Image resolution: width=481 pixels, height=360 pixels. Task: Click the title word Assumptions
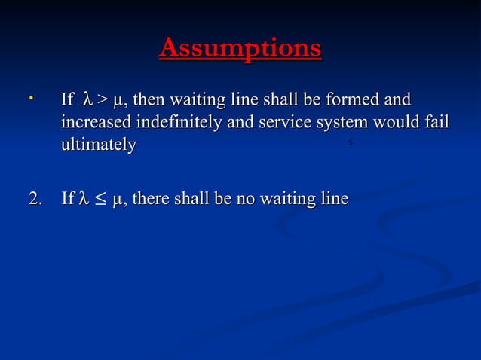point(240,49)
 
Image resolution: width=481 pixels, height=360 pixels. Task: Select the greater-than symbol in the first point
point(101,99)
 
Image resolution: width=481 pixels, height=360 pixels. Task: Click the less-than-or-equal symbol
point(100,200)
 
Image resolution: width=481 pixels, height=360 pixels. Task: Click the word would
point(397,122)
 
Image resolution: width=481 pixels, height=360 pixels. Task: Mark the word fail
point(437,122)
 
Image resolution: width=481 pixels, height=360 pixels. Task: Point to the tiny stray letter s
point(351,142)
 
